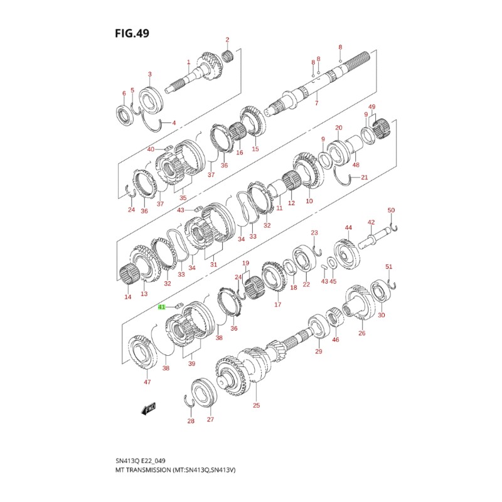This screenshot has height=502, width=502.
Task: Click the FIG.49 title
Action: coord(132,32)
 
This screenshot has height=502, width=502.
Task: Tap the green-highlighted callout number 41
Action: coord(161,307)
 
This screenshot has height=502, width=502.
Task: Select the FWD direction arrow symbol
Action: coord(149,410)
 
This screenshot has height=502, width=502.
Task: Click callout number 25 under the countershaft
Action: coord(256,405)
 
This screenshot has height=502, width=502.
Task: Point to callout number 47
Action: coord(147,382)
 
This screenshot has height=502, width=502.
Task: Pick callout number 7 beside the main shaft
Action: coord(316,103)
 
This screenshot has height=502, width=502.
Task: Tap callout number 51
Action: coord(388,267)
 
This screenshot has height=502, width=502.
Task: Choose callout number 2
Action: coord(227,40)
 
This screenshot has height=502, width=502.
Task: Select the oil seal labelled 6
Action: coord(124,114)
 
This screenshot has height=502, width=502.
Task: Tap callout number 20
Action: coord(338,128)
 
